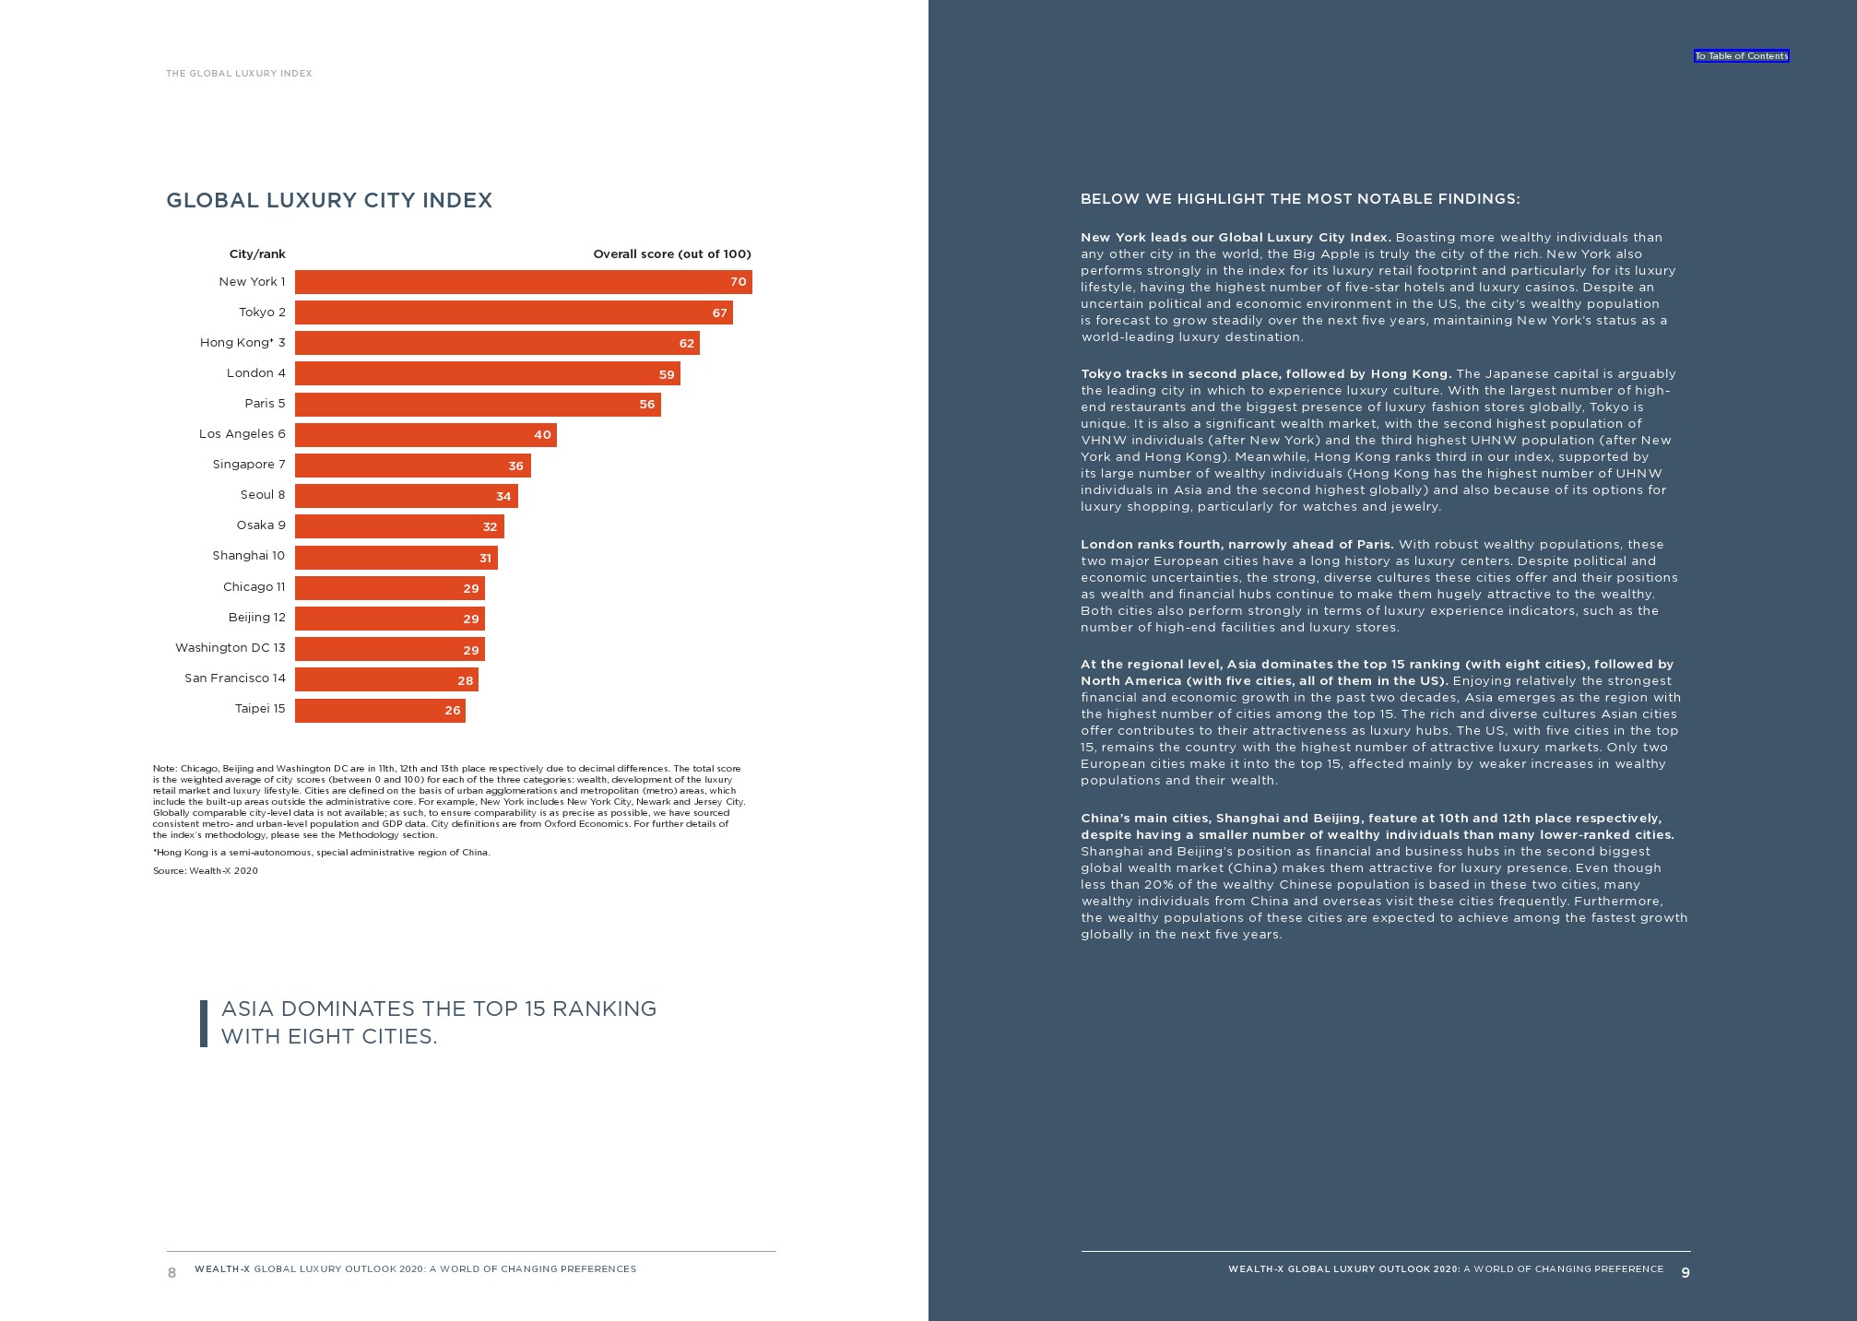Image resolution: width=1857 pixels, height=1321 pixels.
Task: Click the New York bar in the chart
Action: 523,282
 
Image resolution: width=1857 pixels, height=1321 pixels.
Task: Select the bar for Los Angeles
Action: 425,435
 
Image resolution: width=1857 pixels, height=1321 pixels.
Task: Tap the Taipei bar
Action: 380,711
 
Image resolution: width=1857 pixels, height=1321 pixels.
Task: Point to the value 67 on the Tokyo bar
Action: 719,313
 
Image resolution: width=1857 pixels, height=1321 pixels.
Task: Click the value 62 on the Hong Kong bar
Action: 686,344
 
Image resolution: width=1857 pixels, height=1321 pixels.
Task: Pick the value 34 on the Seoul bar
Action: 503,497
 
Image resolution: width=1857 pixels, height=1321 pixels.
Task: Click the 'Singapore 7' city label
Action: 249,465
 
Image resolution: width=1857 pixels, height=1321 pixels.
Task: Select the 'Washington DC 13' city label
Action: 231,648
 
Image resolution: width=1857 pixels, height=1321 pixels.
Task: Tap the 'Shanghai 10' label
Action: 249,556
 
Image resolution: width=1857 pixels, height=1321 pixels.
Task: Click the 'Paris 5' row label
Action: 265,404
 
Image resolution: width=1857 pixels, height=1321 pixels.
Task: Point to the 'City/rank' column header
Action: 257,254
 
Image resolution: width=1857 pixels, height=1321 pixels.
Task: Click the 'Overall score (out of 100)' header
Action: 671,254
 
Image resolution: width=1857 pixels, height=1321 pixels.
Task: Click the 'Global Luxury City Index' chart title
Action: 329,201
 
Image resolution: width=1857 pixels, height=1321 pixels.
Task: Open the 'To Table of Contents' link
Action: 1741,56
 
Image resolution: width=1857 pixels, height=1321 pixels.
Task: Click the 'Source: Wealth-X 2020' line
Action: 206,871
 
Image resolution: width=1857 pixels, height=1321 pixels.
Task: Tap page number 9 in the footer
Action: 1685,1273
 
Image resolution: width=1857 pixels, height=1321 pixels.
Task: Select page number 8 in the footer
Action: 172,1273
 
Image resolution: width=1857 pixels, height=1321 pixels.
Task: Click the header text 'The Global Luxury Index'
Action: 239,74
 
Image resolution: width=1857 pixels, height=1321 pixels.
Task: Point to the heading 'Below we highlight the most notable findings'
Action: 1300,199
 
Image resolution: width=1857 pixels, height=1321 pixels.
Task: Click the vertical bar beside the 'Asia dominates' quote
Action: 204,1023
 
